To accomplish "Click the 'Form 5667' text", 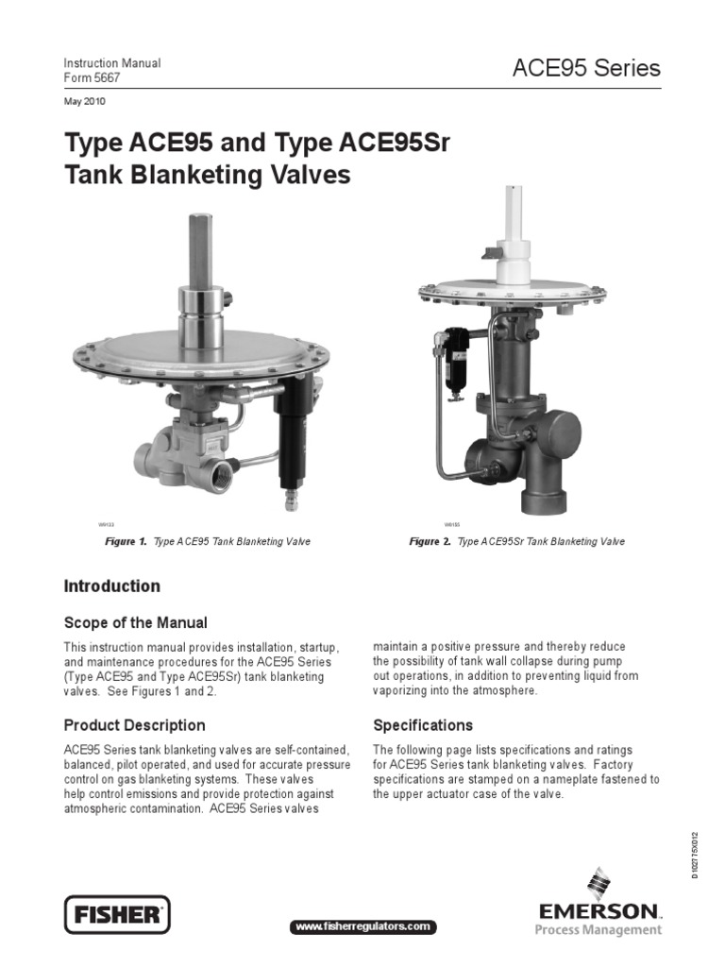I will pyautogui.click(x=92, y=78).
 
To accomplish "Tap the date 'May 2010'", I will pyautogui.click(x=84, y=101).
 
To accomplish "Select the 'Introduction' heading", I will pyautogui.click(x=111, y=586).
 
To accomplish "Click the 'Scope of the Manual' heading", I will pyautogui.click(x=135, y=623).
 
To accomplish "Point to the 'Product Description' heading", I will pyautogui.click(x=134, y=726).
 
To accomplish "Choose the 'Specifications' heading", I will pyautogui.click(x=423, y=726).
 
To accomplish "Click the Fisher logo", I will pyautogui.click(x=117, y=914).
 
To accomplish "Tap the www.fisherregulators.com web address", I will pyautogui.click(x=363, y=927).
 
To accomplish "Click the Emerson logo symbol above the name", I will pyautogui.click(x=598, y=885).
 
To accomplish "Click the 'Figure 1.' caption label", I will pyautogui.click(x=126, y=542).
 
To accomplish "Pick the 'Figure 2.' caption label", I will pyautogui.click(x=430, y=542).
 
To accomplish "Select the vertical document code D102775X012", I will pyautogui.click(x=695, y=855).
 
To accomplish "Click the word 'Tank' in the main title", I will pyautogui.click(x=93, y=176).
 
